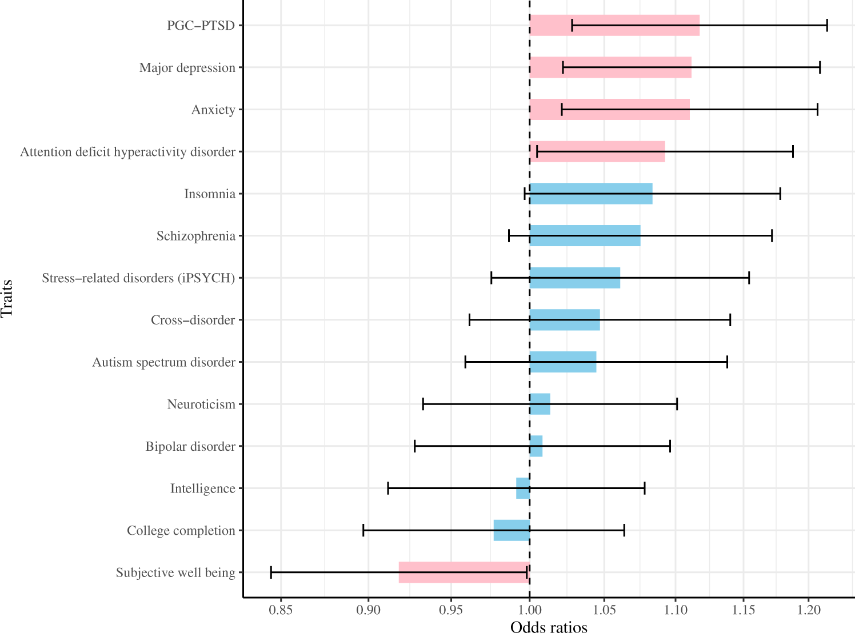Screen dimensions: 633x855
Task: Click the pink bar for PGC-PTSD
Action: (614, 25)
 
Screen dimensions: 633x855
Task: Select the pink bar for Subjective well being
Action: (464, 572)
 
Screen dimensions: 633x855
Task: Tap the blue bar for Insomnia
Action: (590, 194)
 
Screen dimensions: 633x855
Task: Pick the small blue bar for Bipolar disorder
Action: (536, 446)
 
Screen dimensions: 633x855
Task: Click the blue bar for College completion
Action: (512, 530)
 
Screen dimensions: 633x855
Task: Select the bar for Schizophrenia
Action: (585, 236)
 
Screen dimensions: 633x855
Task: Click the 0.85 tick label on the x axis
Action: (281, 610)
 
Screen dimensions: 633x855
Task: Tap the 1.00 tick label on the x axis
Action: (529, 610)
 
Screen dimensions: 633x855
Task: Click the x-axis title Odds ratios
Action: (549, 627)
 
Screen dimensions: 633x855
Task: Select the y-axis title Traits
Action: (7, 298)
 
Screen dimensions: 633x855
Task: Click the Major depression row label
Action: (187, 68)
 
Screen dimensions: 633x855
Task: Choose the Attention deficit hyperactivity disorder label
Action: (127, 152)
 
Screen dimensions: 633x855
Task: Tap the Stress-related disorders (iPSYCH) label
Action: (138, 278)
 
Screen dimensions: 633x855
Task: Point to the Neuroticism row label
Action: (201, 404)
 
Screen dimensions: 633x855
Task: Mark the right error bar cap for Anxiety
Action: (817, 109)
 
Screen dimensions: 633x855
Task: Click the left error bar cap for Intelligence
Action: (388, 488)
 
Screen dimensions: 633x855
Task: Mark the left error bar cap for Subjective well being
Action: (271, 572)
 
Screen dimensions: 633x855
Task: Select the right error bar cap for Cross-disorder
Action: (730, 320)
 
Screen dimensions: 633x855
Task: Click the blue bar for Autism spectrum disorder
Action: (562, 362)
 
